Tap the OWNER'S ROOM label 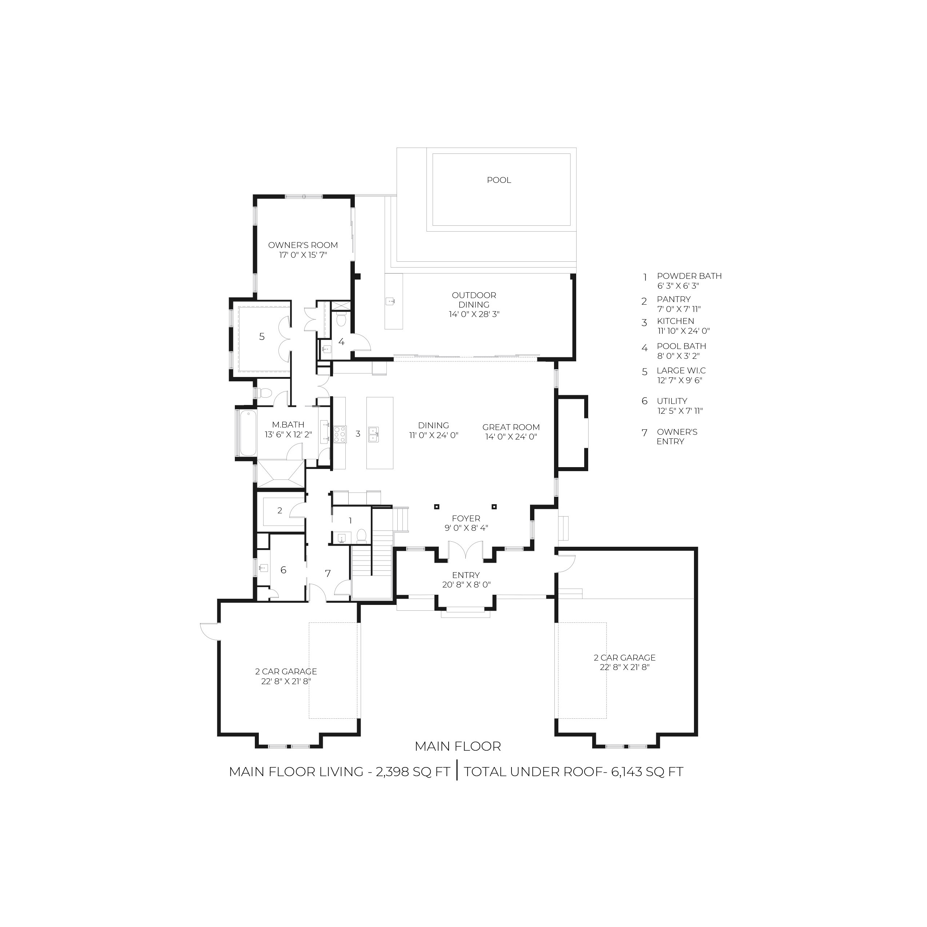coord(303,245)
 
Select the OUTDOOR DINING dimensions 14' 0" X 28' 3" coord(474,314)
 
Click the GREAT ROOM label coord(511,427)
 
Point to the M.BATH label coord(288,425)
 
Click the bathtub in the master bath coord(248,433)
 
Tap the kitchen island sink coord(373,434)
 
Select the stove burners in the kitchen coord(340,434)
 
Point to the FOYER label coord(466,519)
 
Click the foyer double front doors coord(465,550)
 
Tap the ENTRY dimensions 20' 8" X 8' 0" coord(466,585)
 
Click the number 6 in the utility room coord(283,570)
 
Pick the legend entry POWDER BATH coord(689,276)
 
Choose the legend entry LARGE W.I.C coord(681,371)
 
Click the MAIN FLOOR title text coord(458,747)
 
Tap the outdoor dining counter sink coord(390,301)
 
